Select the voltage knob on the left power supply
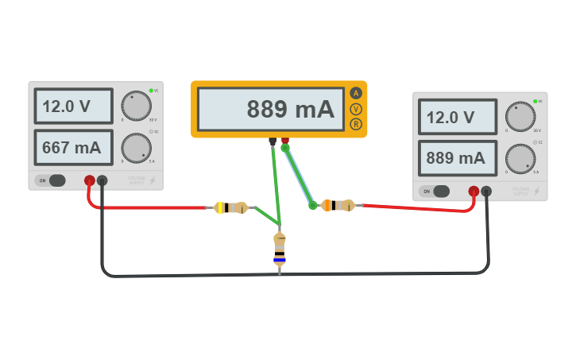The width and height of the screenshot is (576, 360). [136, 106]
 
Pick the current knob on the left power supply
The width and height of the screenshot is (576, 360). [136, 147]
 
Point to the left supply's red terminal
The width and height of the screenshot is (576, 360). [90, 180]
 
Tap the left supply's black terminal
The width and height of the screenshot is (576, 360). [102, 180]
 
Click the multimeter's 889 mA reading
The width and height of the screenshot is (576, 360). [270, 110]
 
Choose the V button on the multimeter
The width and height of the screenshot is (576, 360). [355, 108]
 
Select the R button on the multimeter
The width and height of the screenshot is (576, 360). [355, 123]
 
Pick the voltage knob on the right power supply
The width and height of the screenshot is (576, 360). [520, 117]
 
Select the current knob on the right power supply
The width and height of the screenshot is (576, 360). [520, 158]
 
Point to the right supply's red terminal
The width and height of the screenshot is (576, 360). [474, 191]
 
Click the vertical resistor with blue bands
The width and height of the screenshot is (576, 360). [279, 250]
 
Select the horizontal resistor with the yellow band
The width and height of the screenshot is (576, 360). [231, 207]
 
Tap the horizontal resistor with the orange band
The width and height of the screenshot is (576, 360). [337, 206]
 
